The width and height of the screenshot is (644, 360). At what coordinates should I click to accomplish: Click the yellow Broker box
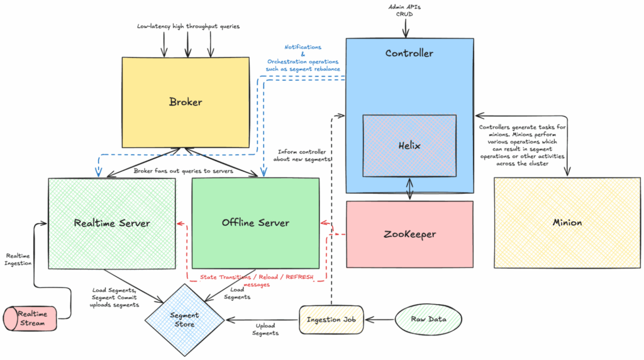pos(186,101)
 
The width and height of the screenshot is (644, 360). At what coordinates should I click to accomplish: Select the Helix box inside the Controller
pos(409,145)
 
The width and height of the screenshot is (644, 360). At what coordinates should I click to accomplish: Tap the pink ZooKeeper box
pos(409,234)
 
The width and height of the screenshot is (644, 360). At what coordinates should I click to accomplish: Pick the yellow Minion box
pos(567,222)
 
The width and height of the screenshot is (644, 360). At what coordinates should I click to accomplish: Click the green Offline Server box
pos(255,223)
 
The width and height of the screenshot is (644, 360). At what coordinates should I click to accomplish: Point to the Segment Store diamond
pos(185,319)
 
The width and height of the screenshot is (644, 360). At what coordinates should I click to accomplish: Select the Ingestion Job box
pos(331,320)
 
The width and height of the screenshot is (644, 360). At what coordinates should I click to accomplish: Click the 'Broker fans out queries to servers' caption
pos(184,171)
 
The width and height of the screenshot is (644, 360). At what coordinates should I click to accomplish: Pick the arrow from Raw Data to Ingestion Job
pos(381,320)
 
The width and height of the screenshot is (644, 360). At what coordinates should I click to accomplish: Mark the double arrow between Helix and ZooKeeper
pos(409,188)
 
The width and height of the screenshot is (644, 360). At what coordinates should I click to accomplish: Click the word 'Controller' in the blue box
pos(409,53)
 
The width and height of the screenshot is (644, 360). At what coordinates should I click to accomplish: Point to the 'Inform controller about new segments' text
pos(304,155)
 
